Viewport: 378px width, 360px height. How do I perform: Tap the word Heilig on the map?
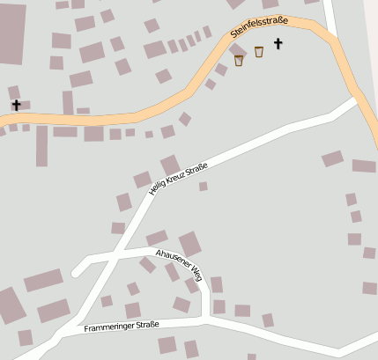[x=159, y=186]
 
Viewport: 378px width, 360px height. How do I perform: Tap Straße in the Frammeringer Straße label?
[x=146, y=325]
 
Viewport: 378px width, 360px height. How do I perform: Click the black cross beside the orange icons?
[x=278, y=42]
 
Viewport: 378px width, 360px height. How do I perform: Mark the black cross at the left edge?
[x=16, y=105]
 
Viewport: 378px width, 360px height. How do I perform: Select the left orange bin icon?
[x=239, y=60]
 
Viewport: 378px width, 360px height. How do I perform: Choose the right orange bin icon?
[x=259, y=52]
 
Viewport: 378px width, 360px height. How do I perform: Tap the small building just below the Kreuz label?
[x=203, y=187]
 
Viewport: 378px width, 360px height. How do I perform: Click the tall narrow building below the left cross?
[x=41, y=146]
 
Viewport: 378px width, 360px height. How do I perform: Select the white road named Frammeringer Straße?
[x=247, y=328]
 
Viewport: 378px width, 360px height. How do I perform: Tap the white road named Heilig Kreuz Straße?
[x=264, y=136]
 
